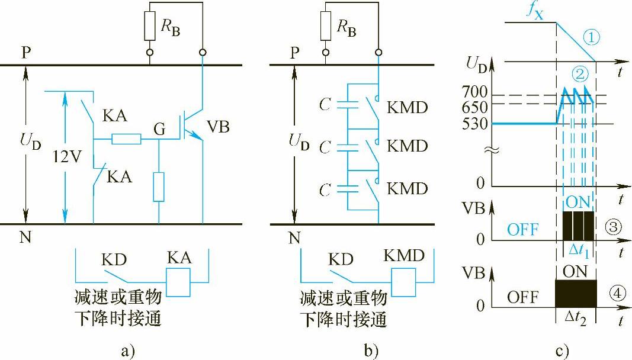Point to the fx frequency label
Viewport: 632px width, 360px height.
click(534, 10)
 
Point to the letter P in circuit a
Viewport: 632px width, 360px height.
click(27, 53)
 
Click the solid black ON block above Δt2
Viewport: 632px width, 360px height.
click(575, 293)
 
